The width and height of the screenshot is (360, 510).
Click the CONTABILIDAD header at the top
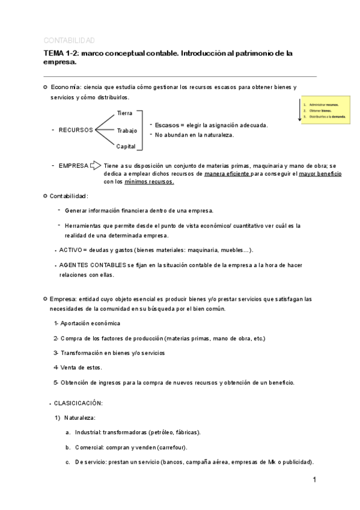(69, 40)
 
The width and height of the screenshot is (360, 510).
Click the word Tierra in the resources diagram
(125, 113)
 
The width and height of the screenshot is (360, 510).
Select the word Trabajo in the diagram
(127, 130)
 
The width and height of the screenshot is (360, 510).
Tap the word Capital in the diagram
(126, 146)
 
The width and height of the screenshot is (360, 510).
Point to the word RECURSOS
(76, 130)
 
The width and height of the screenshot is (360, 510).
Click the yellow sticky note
(325, 111)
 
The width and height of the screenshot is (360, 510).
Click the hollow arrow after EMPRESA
(95, 165)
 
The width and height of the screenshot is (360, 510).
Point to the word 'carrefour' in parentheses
(172, 447)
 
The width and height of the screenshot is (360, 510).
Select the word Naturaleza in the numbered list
(80, 417)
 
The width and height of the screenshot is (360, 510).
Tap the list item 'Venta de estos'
(81, 367)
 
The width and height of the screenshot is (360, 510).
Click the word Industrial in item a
(88, 432)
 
